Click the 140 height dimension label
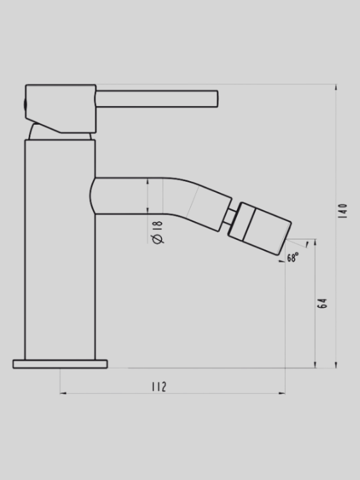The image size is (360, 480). pos(343,211)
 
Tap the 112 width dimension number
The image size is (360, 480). pos(159,387)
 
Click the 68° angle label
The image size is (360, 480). pos(293,258)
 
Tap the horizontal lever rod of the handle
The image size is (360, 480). pos(156,99)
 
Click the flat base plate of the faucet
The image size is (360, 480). pos(60,364)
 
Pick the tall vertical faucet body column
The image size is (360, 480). pos(60,250)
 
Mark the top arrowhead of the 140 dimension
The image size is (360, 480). pos(336,88)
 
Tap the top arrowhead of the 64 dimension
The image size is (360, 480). pos(315,243)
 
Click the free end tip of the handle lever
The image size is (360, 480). pos(217,99)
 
